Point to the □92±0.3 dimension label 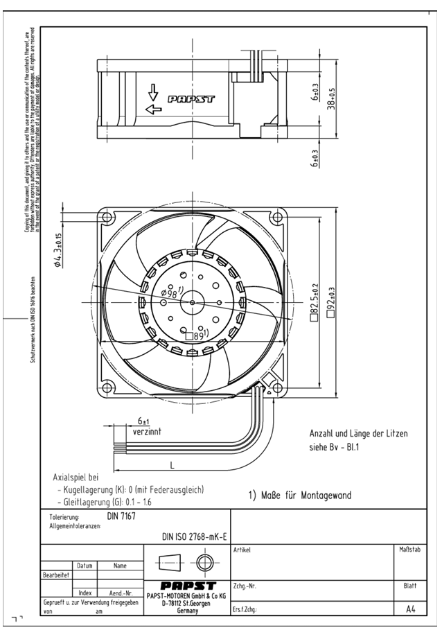click(x=331, y=302)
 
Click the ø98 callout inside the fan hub click(x=170, y=293)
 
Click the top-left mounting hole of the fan click(x=107, y=217)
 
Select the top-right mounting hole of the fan click(x=277, y=217)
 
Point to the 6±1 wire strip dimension click(x=144, y=421)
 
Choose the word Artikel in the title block click(x=242, y=550)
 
